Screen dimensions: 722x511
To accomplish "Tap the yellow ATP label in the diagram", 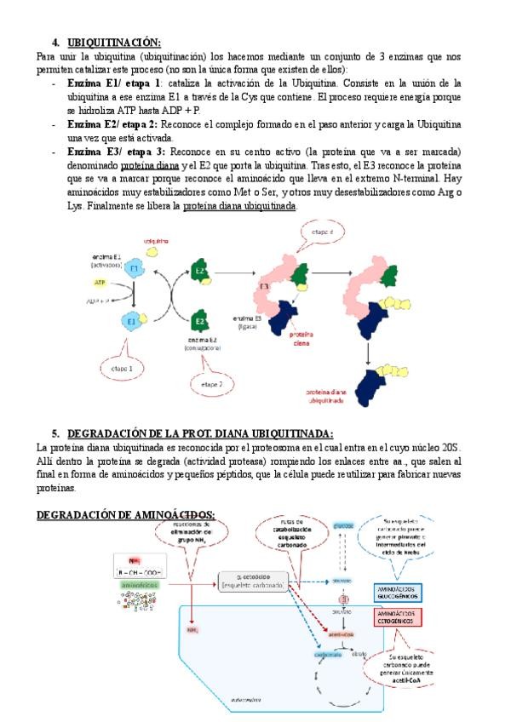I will (100, 282).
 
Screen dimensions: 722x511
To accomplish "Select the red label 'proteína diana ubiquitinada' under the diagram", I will (325, 396).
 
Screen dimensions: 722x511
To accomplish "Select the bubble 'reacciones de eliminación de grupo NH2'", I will (194, 534).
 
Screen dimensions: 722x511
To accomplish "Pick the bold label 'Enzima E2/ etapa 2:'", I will (117, 123).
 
